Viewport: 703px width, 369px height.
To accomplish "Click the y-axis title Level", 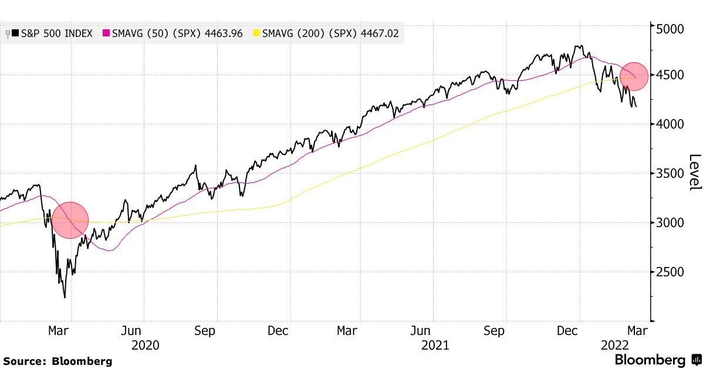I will coord(695,171).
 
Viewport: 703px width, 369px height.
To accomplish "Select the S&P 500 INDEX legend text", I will coord(56,33).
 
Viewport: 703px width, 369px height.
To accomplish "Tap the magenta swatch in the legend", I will coord(106,33).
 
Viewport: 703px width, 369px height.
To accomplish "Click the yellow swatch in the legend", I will coord(256,33).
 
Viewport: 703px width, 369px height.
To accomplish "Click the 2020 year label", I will coord(145,346).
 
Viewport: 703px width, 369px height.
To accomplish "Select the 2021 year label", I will coord(435,346).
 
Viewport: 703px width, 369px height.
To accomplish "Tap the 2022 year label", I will coord(615,346).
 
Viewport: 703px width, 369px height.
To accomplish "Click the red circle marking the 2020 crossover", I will coord(70,220).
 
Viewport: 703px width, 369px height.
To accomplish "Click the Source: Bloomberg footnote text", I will coord(58,361).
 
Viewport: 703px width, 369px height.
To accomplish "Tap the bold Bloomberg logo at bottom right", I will coord(650,360).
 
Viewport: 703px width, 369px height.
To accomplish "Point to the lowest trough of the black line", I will coord(64,297).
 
